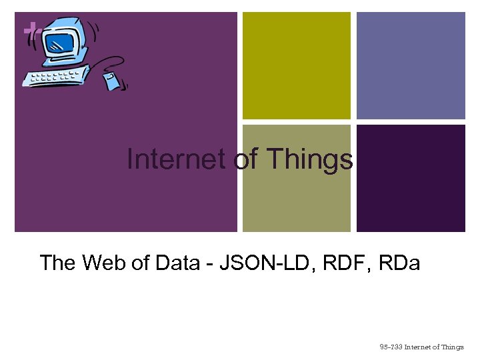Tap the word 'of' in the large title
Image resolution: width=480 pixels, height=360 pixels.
point(245,160)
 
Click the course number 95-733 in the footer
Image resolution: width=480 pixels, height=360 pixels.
point(390,347)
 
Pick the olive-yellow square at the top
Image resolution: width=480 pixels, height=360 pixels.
point(296,65)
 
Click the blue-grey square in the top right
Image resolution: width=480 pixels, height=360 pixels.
point(411,65)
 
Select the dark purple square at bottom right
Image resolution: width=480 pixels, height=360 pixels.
point(411,178)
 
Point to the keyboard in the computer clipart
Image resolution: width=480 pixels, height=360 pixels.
point(53,76)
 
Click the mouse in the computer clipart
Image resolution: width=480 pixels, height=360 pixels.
point(112,81)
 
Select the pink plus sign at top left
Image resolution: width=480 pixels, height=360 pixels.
point(30,29)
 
